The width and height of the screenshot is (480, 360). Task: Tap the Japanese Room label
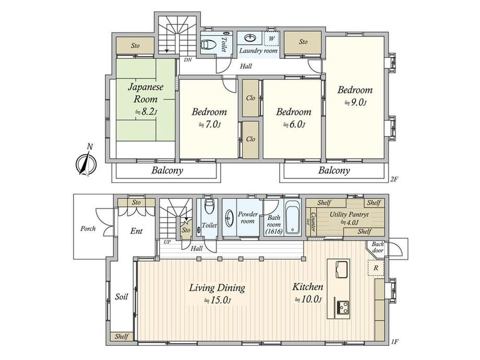146,93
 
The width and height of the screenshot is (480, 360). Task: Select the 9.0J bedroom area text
355,102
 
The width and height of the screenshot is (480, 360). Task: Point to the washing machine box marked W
271,39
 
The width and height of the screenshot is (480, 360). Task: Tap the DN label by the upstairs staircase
188,60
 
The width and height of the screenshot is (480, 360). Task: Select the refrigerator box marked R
376,268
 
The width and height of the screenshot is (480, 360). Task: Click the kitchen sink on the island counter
342,269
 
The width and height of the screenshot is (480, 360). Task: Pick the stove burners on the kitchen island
343,307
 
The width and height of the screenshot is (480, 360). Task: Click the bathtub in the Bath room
293,218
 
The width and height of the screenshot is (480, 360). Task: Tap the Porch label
88,229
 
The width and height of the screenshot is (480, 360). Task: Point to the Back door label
378,247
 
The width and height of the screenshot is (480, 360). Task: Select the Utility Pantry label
349,214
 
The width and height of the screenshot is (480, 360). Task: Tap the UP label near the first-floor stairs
167,242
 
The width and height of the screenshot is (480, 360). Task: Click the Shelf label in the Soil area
122,337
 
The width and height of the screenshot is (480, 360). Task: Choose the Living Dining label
217,288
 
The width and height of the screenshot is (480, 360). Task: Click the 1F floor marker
394,342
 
